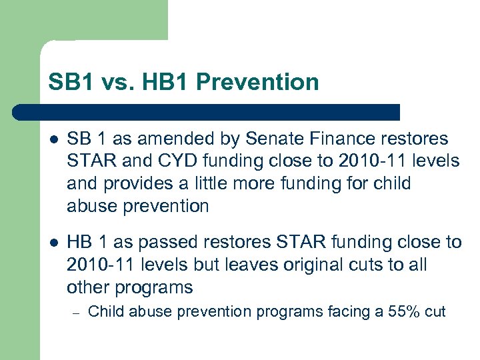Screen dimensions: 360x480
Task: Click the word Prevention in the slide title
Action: point(258,83)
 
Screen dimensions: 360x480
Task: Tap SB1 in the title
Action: point(70,83)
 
